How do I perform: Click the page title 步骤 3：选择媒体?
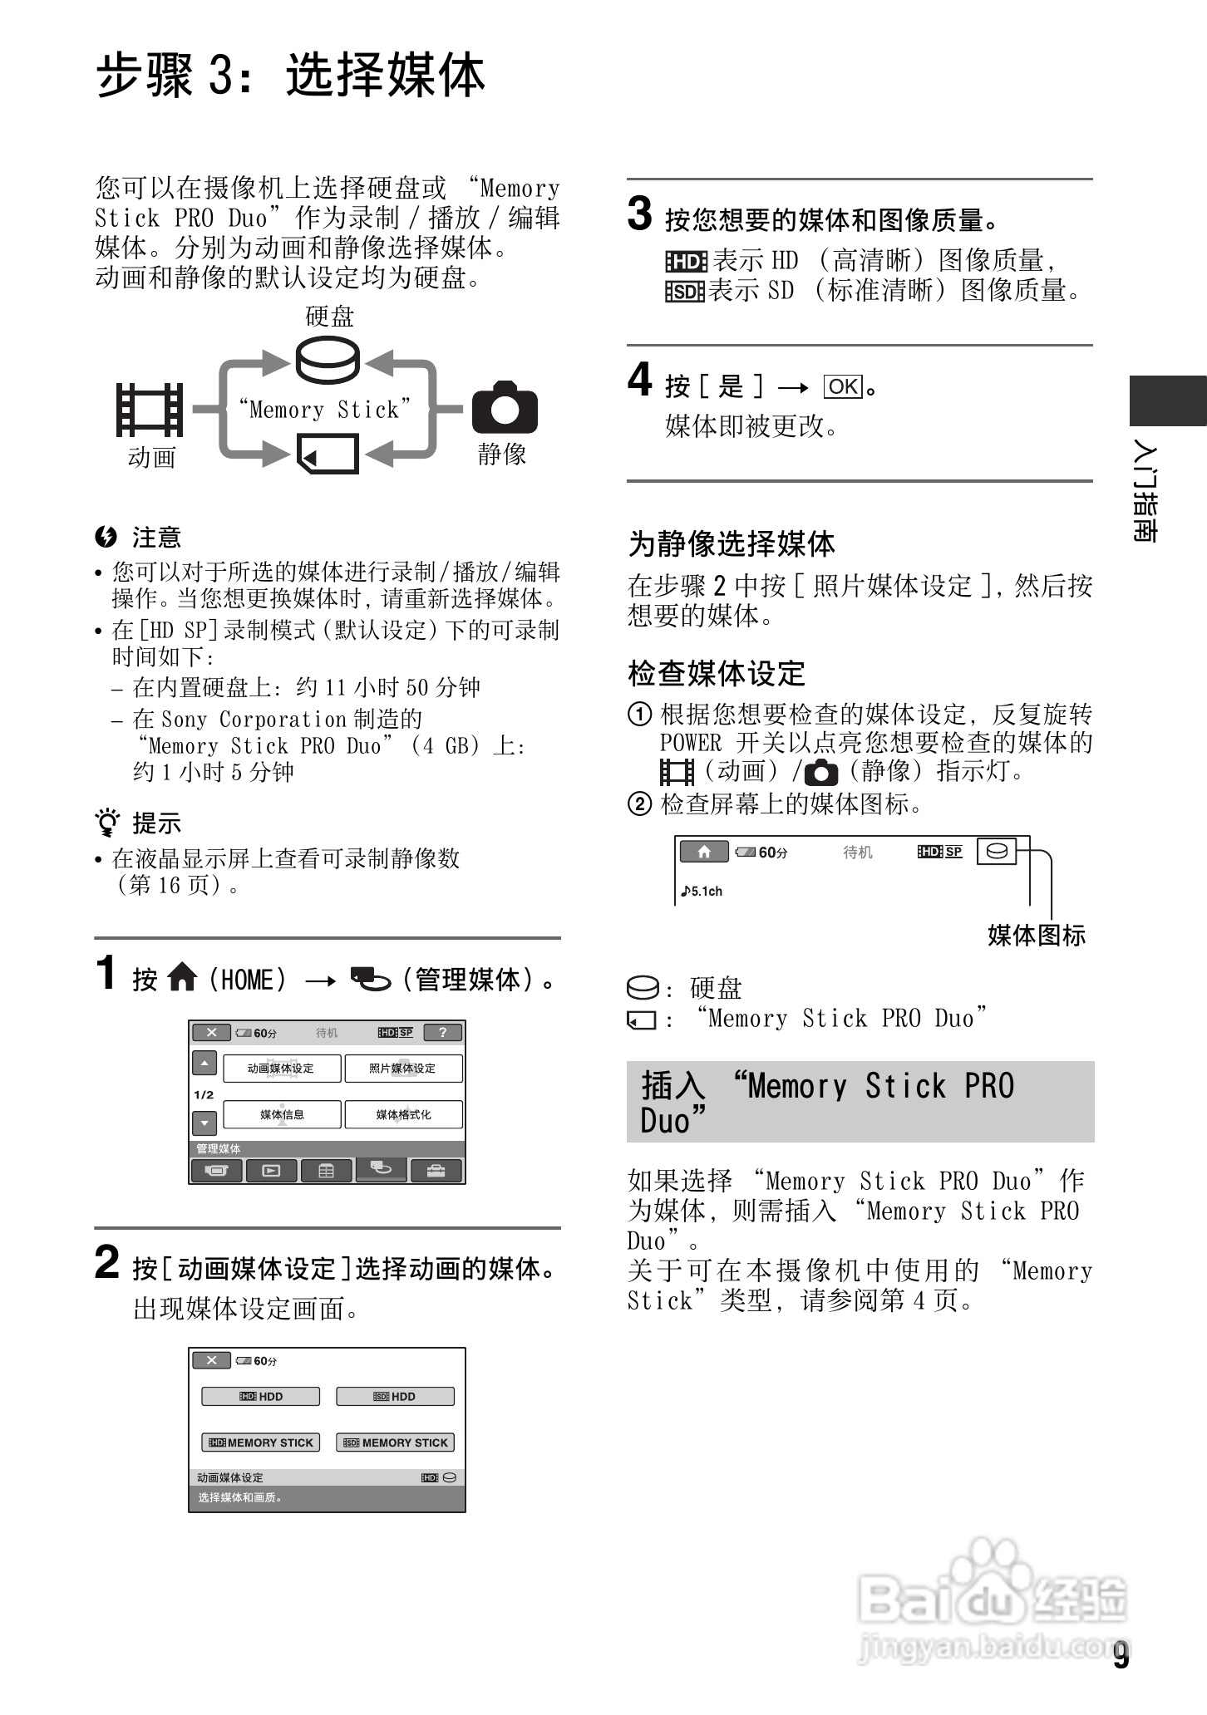click(x=290, y=76)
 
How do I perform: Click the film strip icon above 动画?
click(x=150, y=410)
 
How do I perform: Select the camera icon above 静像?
click(x=505, y=408)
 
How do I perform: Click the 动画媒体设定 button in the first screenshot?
click(x=281, y=1069)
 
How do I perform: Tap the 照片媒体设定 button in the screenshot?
click(x=402, y=1069)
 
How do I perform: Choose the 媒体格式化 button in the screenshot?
click(x=403, y=1115)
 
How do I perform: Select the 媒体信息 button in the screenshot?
click(x=282, y=1115)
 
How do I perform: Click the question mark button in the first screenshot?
click(x=443, y=1033)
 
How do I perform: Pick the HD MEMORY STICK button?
click(x=261, y=1442)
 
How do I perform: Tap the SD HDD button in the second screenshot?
click(x=395, y=1397)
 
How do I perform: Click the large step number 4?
click(x=639, y=381)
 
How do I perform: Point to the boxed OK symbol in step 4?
click(x=843, y=386)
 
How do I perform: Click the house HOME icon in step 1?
click(x=182, y=978)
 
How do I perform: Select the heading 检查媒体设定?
click(x=717, y=673)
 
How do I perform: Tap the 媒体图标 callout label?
click(x=1036, y=936)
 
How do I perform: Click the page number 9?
click(x=1121, y=1656)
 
